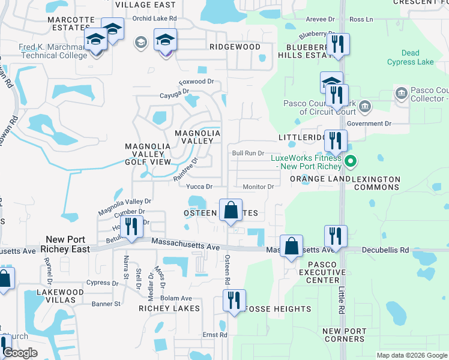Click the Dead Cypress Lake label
(x=411, y=58)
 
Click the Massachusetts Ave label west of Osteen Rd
(x=185, y=242)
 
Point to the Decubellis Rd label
(x=388, y=250)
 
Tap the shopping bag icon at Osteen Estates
(x=231, y=210)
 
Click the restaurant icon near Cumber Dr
(x=130, y=227)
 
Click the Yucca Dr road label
(x=200, y=187)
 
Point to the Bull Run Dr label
(x=249, y=154)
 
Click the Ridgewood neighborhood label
(x=235, y=47)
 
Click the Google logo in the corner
(x=20, y=353)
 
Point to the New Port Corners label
(x=344, y=335)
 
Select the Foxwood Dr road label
(x=197, y=82)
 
